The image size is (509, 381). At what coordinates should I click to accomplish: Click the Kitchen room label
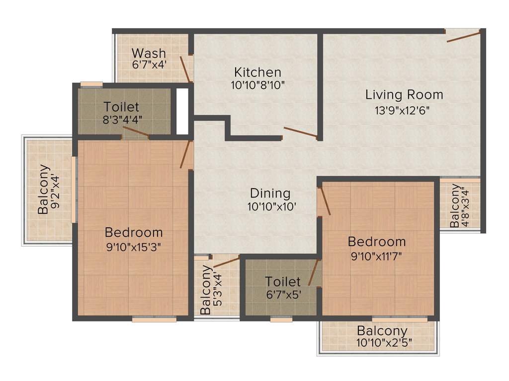click(258, 72)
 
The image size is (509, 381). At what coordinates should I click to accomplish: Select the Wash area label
click(149, 53)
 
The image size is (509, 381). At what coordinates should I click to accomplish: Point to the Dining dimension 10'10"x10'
click(272, 207)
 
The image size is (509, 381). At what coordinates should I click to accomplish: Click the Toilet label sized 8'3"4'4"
click(121, 107)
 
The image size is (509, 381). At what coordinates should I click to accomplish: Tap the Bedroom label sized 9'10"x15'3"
click(134, 232)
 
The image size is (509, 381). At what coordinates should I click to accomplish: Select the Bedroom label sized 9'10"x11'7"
click(376, 242)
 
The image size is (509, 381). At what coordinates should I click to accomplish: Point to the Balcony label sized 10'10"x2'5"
click(382, 331)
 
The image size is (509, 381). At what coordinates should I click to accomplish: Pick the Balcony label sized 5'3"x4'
click(206, 290)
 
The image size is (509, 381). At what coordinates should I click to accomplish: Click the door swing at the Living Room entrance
click(463, 36)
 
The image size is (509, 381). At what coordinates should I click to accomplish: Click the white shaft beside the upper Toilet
click(182, 112)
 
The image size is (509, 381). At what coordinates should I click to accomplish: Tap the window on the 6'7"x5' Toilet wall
click(281, 319)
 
